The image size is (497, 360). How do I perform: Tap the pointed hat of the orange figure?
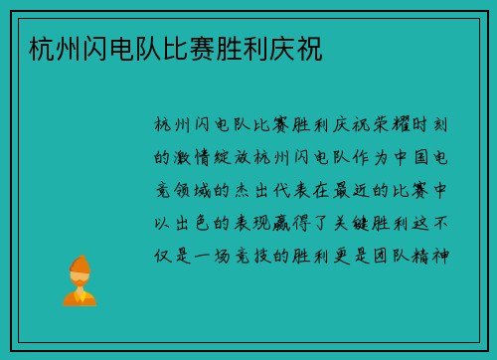point(79,261)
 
